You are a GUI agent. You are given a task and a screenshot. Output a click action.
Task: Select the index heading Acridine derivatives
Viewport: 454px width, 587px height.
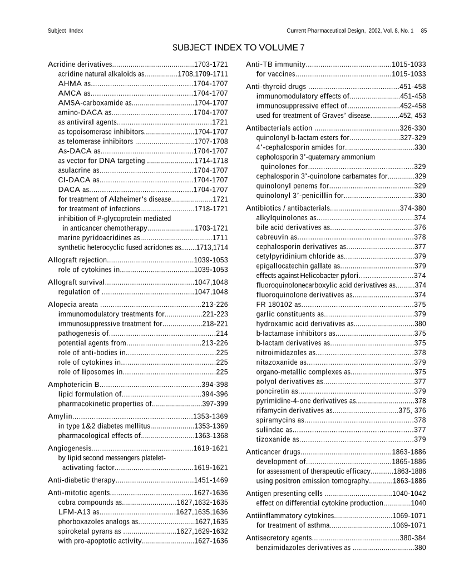[80, 64]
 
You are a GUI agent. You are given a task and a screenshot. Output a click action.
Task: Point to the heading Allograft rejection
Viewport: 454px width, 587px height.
[77, 260]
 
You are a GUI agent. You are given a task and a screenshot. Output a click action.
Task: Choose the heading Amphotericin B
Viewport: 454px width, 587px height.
[73, 384]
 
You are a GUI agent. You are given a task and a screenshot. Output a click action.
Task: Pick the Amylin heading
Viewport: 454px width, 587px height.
[58, 416]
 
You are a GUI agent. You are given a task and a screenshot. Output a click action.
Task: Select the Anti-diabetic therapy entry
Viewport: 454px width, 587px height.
[81, 480]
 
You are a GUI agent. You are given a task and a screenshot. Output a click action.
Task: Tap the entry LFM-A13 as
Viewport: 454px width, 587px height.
[78, 512]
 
